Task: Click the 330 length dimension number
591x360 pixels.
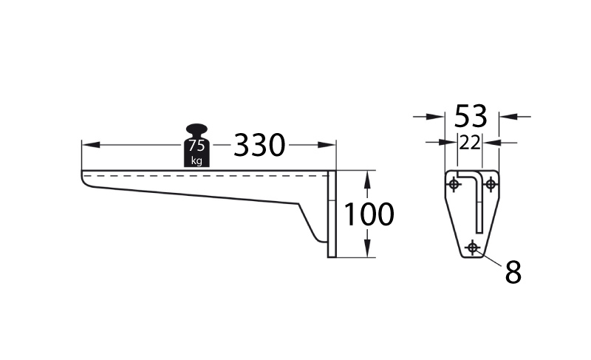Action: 259,145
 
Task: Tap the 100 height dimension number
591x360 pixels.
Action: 369,214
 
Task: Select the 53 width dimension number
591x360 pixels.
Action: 471,116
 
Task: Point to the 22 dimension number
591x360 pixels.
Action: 470,143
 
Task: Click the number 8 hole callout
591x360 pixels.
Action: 513,272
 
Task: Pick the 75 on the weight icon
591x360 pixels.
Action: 197,145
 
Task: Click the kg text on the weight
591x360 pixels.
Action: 197,160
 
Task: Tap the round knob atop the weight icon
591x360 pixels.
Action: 197,129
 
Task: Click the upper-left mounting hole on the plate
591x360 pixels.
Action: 454,184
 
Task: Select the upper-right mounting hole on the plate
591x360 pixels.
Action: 491,184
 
